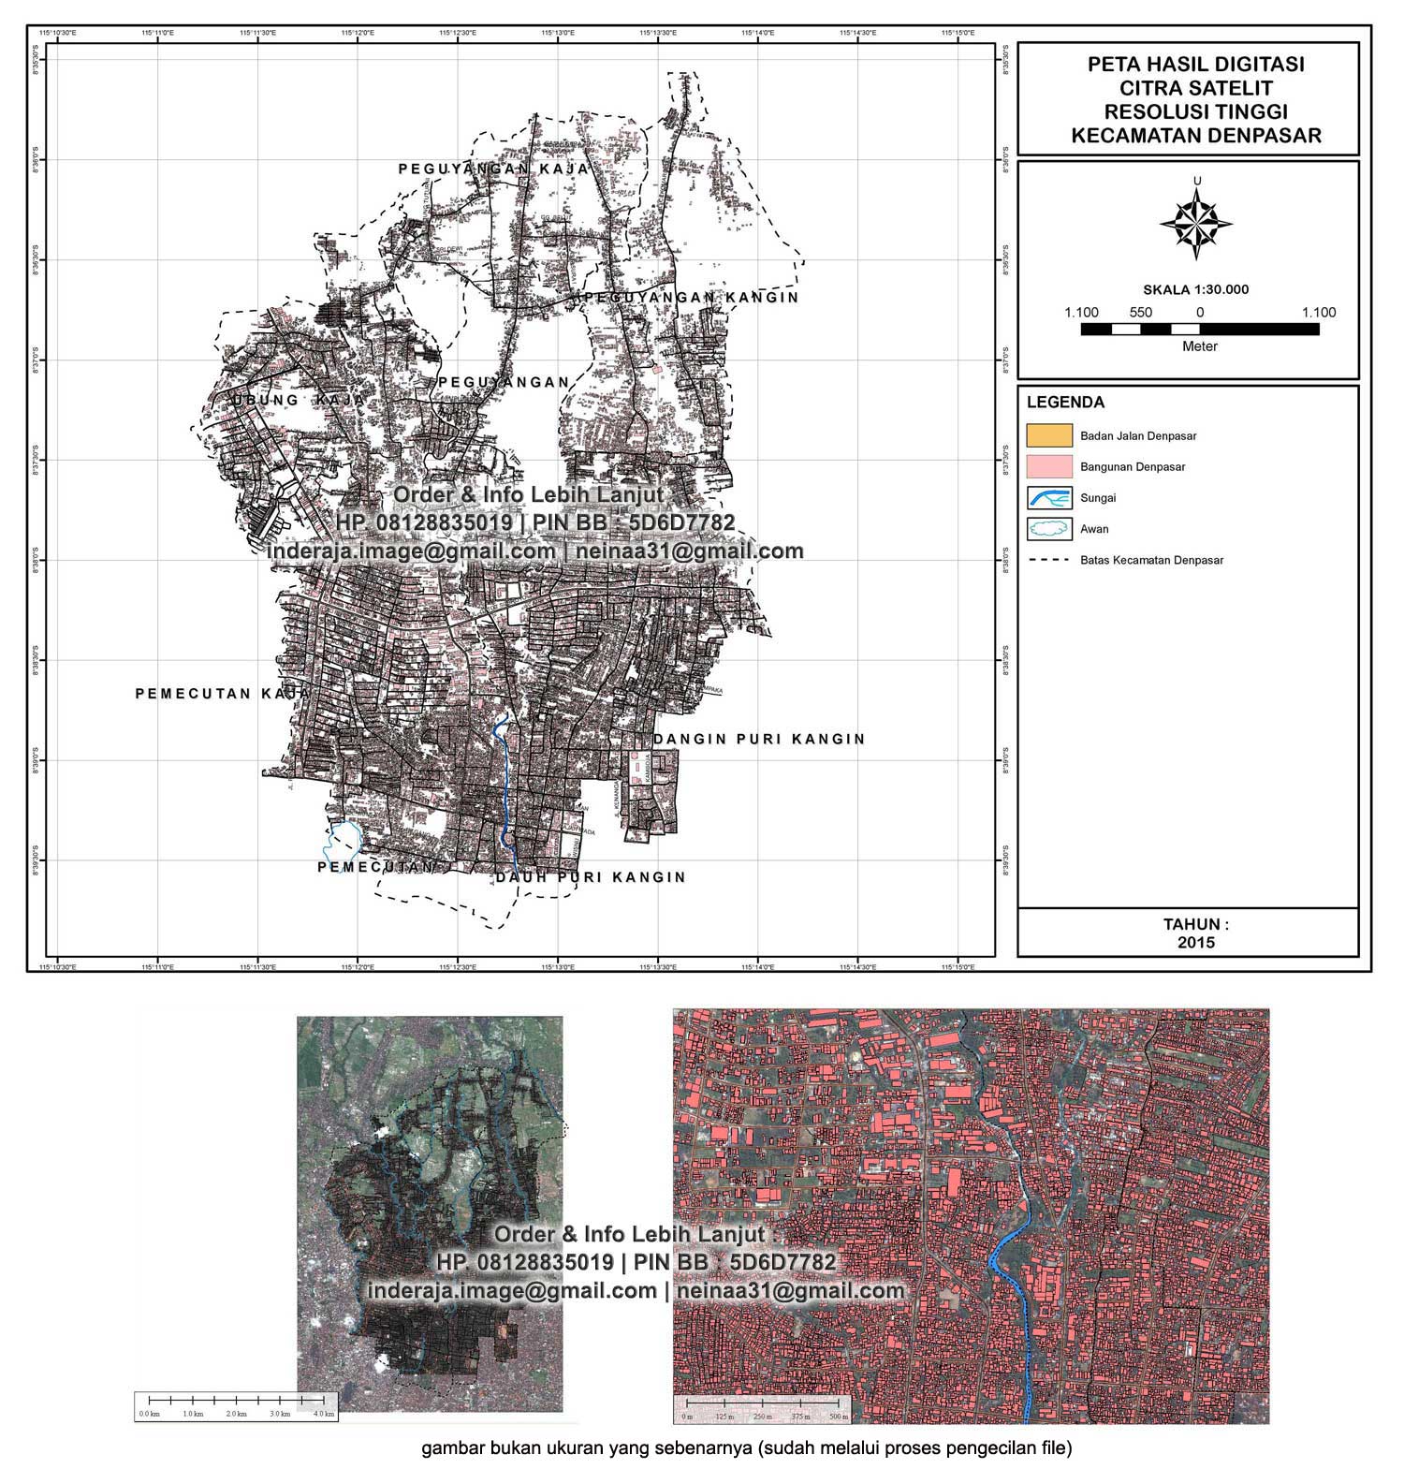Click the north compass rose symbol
(x=1196, y=224)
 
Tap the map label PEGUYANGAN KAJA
(x=493, y=169)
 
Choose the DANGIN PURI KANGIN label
(x=759, y=740)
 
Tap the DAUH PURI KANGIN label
(x=591, y=878)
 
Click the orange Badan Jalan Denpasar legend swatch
(x=1048, y=435)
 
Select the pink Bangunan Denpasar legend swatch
(x=1048, y=466)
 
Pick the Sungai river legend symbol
(x=1048, y=498)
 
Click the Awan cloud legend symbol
(x=1048, y=529)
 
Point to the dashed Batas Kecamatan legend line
(x=1048, y=561)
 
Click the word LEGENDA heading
(x=1065, y=403)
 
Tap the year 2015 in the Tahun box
(x=1196, y=943)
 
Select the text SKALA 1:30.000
(x=1195, y=290)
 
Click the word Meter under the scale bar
(x=1200, y=346)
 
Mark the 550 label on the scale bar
(x=1140, y=313)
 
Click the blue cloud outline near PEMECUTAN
(x=341, y=839)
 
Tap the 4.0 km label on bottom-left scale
(x=324, y=1414)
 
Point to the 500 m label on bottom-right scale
(x=839, y=1418)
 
